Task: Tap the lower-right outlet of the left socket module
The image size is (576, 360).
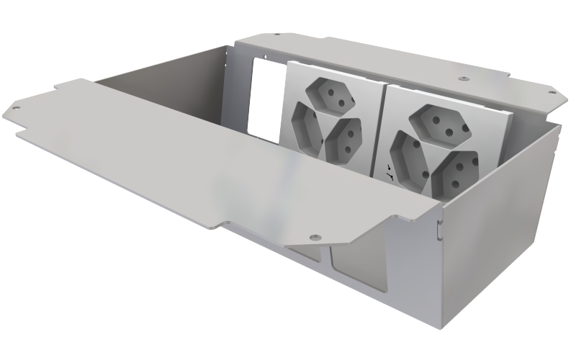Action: point(343,138)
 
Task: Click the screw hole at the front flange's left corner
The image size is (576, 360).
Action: point(14,109)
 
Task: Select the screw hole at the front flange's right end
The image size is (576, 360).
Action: point(314,235)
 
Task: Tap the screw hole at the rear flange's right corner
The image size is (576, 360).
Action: point(552,93)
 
